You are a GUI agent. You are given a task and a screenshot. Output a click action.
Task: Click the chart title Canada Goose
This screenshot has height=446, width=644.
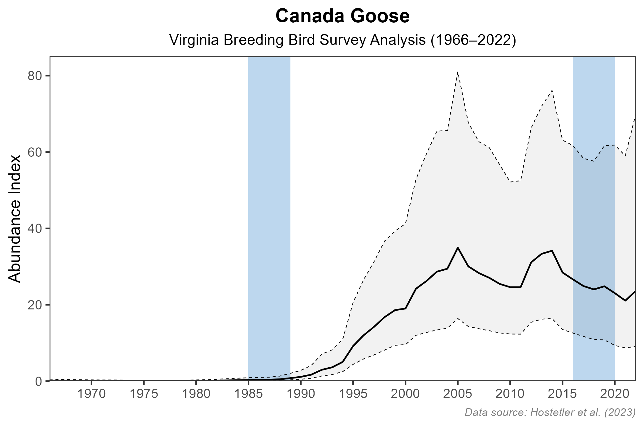click(x=342, y=16)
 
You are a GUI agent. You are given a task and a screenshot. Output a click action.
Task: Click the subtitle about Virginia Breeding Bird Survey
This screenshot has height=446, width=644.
click(x=342, y=41)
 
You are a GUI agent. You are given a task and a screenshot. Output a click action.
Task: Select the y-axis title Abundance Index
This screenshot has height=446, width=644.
click(x=15, y=219)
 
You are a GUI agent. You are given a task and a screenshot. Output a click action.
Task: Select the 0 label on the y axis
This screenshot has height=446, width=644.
click(x=38, y=381)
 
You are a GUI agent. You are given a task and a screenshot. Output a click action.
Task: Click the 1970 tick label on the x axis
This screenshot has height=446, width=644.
click(x=91, y=394)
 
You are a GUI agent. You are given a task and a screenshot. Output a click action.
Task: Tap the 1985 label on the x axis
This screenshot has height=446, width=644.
click(x=248, y=394)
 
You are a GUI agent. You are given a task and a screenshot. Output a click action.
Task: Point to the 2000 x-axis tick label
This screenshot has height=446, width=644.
click(x=405, y=394)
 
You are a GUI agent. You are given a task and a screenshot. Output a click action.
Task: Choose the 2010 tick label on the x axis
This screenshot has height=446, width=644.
click(x=510, y=394)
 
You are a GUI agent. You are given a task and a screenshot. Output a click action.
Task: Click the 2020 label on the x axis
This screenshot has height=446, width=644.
click(x=615, y=394)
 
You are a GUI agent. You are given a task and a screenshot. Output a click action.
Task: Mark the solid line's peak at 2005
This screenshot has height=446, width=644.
click(x=458, y=248)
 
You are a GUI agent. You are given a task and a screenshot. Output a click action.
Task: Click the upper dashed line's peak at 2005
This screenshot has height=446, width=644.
click(x=458, y=72)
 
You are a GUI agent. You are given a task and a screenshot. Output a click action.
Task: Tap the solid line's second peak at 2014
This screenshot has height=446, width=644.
click(x=552, y=251)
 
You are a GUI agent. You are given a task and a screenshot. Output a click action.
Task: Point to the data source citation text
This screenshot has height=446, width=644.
click(x=550, y=412)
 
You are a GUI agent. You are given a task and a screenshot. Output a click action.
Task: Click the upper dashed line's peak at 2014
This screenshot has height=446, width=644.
click(x=552, y=90)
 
